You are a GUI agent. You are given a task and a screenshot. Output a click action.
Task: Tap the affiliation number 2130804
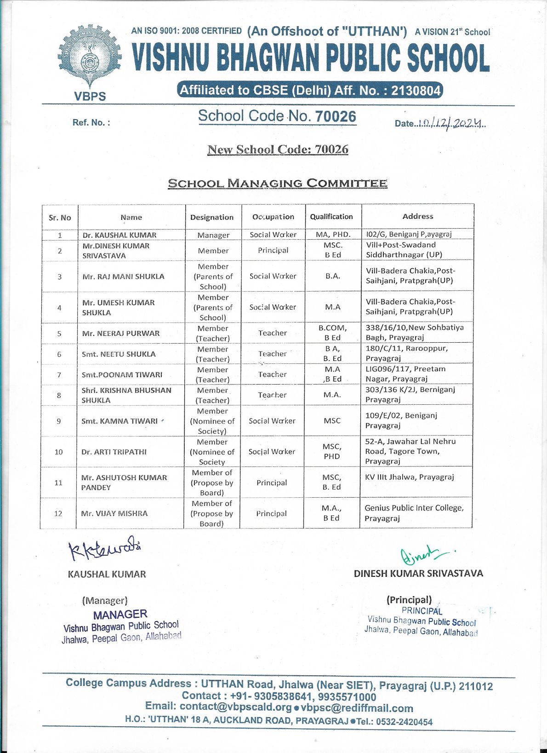click(416, 91)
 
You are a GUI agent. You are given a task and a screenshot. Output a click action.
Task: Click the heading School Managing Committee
click(277, 183)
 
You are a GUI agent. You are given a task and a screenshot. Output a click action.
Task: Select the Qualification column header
click(331, 217)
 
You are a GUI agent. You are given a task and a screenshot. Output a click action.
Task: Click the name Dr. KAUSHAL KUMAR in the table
click(119, 235)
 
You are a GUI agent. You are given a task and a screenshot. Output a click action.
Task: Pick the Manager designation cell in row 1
click(213, 235)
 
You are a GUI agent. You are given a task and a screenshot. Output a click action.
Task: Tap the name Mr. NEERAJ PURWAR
click(121, 333)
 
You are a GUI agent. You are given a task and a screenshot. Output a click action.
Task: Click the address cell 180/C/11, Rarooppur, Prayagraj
click(407, 353)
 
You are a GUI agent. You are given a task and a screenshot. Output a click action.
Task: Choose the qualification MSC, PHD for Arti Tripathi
click(332, 451)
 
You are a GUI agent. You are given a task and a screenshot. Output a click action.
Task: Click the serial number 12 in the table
click(58, 513)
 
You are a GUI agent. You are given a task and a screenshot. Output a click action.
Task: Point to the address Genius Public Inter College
click(414, 508)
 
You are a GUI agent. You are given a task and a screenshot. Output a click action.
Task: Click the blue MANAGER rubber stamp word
click(120, 615)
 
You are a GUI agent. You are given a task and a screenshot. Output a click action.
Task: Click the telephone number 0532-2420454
click(404, 722)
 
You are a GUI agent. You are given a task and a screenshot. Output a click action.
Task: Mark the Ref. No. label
click(91, 122)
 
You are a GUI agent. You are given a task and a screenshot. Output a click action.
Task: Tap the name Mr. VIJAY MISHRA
click(114, 513)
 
